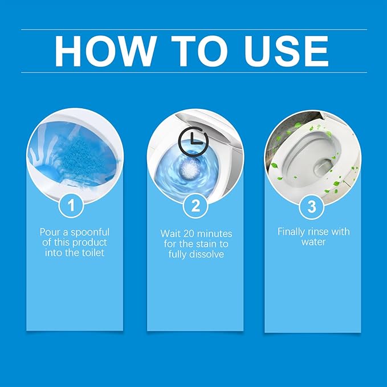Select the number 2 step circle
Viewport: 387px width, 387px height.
coord(195,206)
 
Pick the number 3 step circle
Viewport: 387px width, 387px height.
coord(312,206)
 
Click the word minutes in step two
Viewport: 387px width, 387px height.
coord(214,234)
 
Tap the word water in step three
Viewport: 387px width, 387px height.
coord(313,242)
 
